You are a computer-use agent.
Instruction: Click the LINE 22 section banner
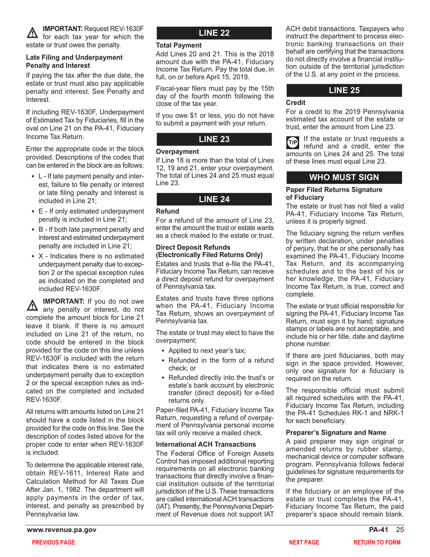pyautogui.click(x=215, y=33)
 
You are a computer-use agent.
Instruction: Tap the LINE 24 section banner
pyautogui.click(x=215, y=197)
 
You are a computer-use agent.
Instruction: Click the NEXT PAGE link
pyautogui.click(x=304, y=542)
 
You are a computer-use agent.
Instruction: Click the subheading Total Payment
pyautogui.click(x=175, y=45)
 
